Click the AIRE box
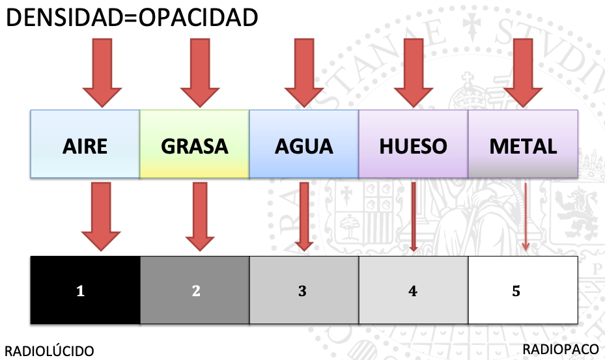pyautogui.click(x=85, y=145)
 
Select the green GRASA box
pyautogui.click(x=195, y=145)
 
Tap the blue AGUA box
pyautogui.click(x=303, y=145)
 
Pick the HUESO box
pyautogui.click(x=413, y=145)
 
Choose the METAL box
pyautogui.click(x=523, y=145)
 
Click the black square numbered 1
pyautogui.click(x=85, y=290)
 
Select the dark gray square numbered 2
pyautogui.click(x=195, y=290)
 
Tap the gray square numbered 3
pyautogui.click(x=303, y=290)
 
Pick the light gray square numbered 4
pyautogui.click(x=413, y=290)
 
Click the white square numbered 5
pyautogui.click(x=523, y=290)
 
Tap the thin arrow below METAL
pyautogui.click(x=526, y=218)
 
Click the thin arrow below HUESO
pyautogui.click(x=414, y=218)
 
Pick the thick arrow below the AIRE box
pyautogui.click(x=101, y=216)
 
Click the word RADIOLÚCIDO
pyautogui.click(x=49, y=351)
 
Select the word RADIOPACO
pyautogui.click(x=560, y=350)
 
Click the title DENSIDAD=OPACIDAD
pyautogui.click(x=132, y=18)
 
